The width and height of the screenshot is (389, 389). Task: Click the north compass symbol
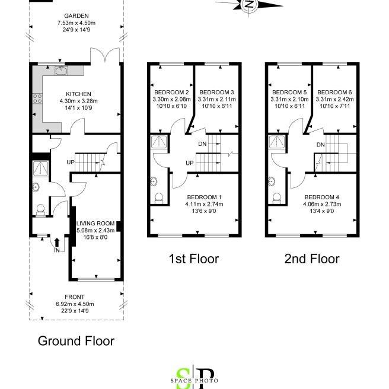click(250, 5)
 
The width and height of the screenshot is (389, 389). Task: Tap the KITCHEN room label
click(78, 94)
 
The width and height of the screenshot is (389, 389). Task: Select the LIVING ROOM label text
click(95, 223)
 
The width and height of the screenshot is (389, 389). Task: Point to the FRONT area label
click(75, 297)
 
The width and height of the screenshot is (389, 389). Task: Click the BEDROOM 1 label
click(204, 197)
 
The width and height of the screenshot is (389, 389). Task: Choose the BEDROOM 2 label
click(171, 93)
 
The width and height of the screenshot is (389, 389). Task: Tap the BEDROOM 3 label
click(216, 93)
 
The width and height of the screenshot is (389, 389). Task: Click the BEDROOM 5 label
click(289, 93)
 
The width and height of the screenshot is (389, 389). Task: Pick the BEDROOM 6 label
click(334, 93)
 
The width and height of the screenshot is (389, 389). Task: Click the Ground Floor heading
click(76, 341)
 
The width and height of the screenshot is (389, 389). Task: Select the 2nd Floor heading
click(313, 259)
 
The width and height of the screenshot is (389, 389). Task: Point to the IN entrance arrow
click(56, 243)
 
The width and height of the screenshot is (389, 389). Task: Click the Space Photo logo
click(194, 378)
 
